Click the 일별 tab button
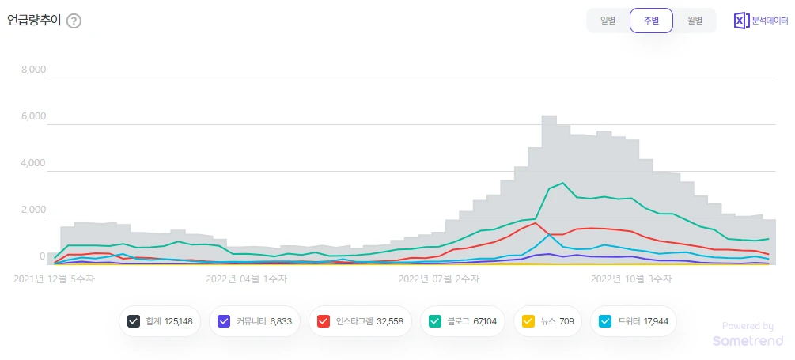click(608, 21)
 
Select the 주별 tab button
click(651, 21)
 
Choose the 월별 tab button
click(695, 21)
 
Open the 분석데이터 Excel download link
click(760, 21)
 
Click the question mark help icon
click(74, 21)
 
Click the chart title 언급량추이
click(33, 21)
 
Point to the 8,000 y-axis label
click(33, 70)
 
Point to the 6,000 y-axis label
click(33, 116)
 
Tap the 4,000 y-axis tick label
click(33, 163)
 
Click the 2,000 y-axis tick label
click(33, 210)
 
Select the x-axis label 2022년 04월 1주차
click(247, 279)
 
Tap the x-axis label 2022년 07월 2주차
click(439, 279)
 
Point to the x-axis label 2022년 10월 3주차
click(631, 279)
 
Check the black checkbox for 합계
click(134, 321)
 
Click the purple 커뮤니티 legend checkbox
click(224, 321)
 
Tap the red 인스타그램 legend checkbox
click(323, 321)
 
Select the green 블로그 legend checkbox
click(435, 321)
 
